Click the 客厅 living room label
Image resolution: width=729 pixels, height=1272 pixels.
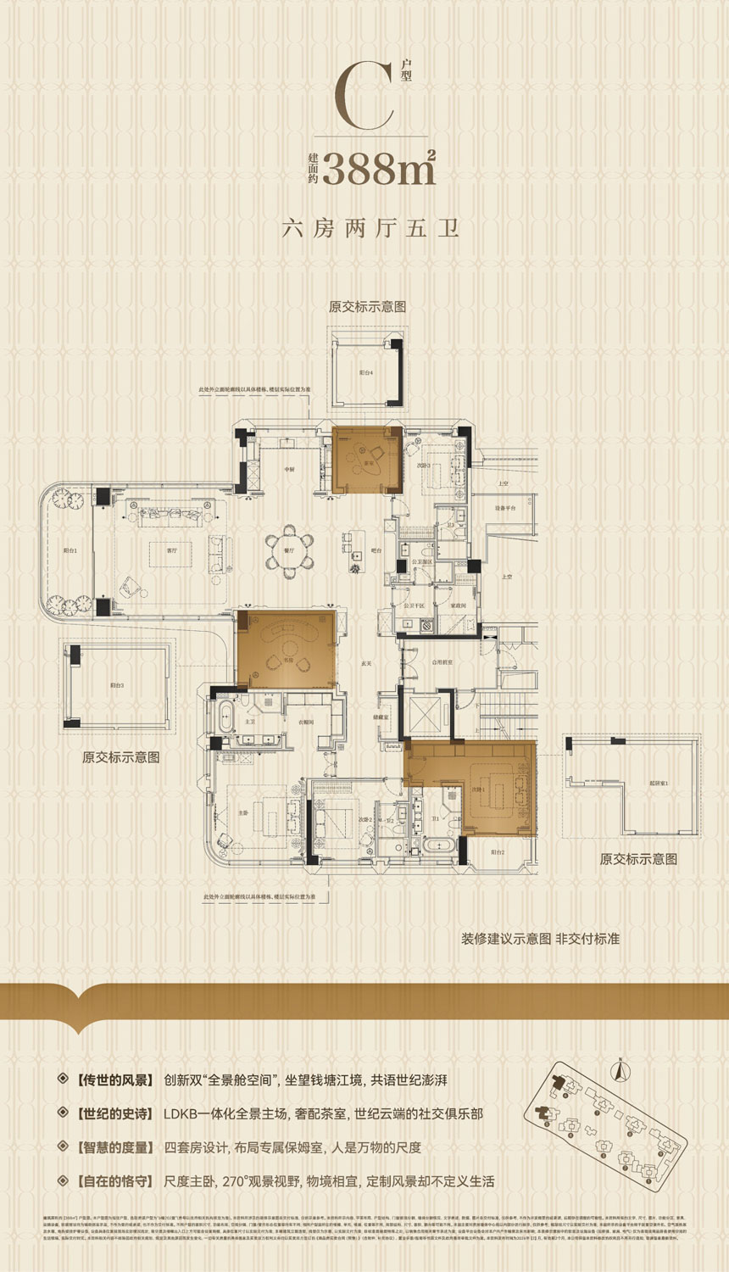(x=172, y=550)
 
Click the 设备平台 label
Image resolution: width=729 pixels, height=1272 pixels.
(x=505, y=508)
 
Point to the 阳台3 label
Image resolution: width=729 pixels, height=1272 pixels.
(x=117, y=685)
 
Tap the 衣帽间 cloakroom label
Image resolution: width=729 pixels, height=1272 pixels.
(x=306, y=722)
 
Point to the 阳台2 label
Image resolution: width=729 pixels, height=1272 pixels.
(x=496, y=851)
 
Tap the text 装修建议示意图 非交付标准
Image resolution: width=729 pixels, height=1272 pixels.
(x=540, y=939)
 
